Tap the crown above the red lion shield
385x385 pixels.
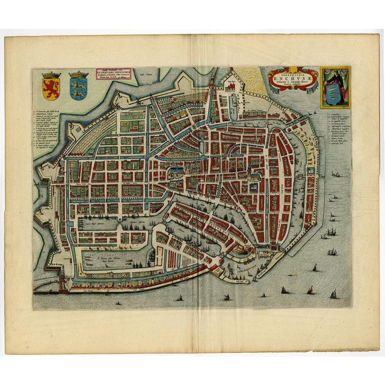click(51, 75)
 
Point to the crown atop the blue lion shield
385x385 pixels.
click(78, 75)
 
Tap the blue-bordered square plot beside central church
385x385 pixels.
click(252, 187)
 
